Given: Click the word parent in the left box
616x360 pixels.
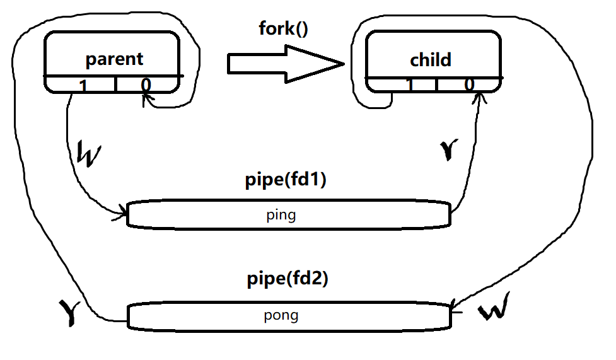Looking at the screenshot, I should pyautogui.click(x=114, y=59).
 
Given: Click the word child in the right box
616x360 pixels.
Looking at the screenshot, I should pyautogui.click(x=431, y=60).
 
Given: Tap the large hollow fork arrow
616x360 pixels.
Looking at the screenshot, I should pyautogui.click(x=284, y=63).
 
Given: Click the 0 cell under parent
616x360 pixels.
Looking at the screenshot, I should pyautogui.click(x=146, y=84).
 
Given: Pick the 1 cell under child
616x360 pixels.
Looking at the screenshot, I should pyautogui.click(x=409, y=85).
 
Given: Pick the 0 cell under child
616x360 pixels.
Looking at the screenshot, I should pyautogui.click(x=469, y=85).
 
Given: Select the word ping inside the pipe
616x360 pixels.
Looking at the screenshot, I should pyautogui.click(x=281, y=215).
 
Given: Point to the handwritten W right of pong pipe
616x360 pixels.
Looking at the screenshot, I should pyautogui.click(x=494, y=311).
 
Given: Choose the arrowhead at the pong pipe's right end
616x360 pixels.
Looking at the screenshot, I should pyautogui.click(x=455, y=305).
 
